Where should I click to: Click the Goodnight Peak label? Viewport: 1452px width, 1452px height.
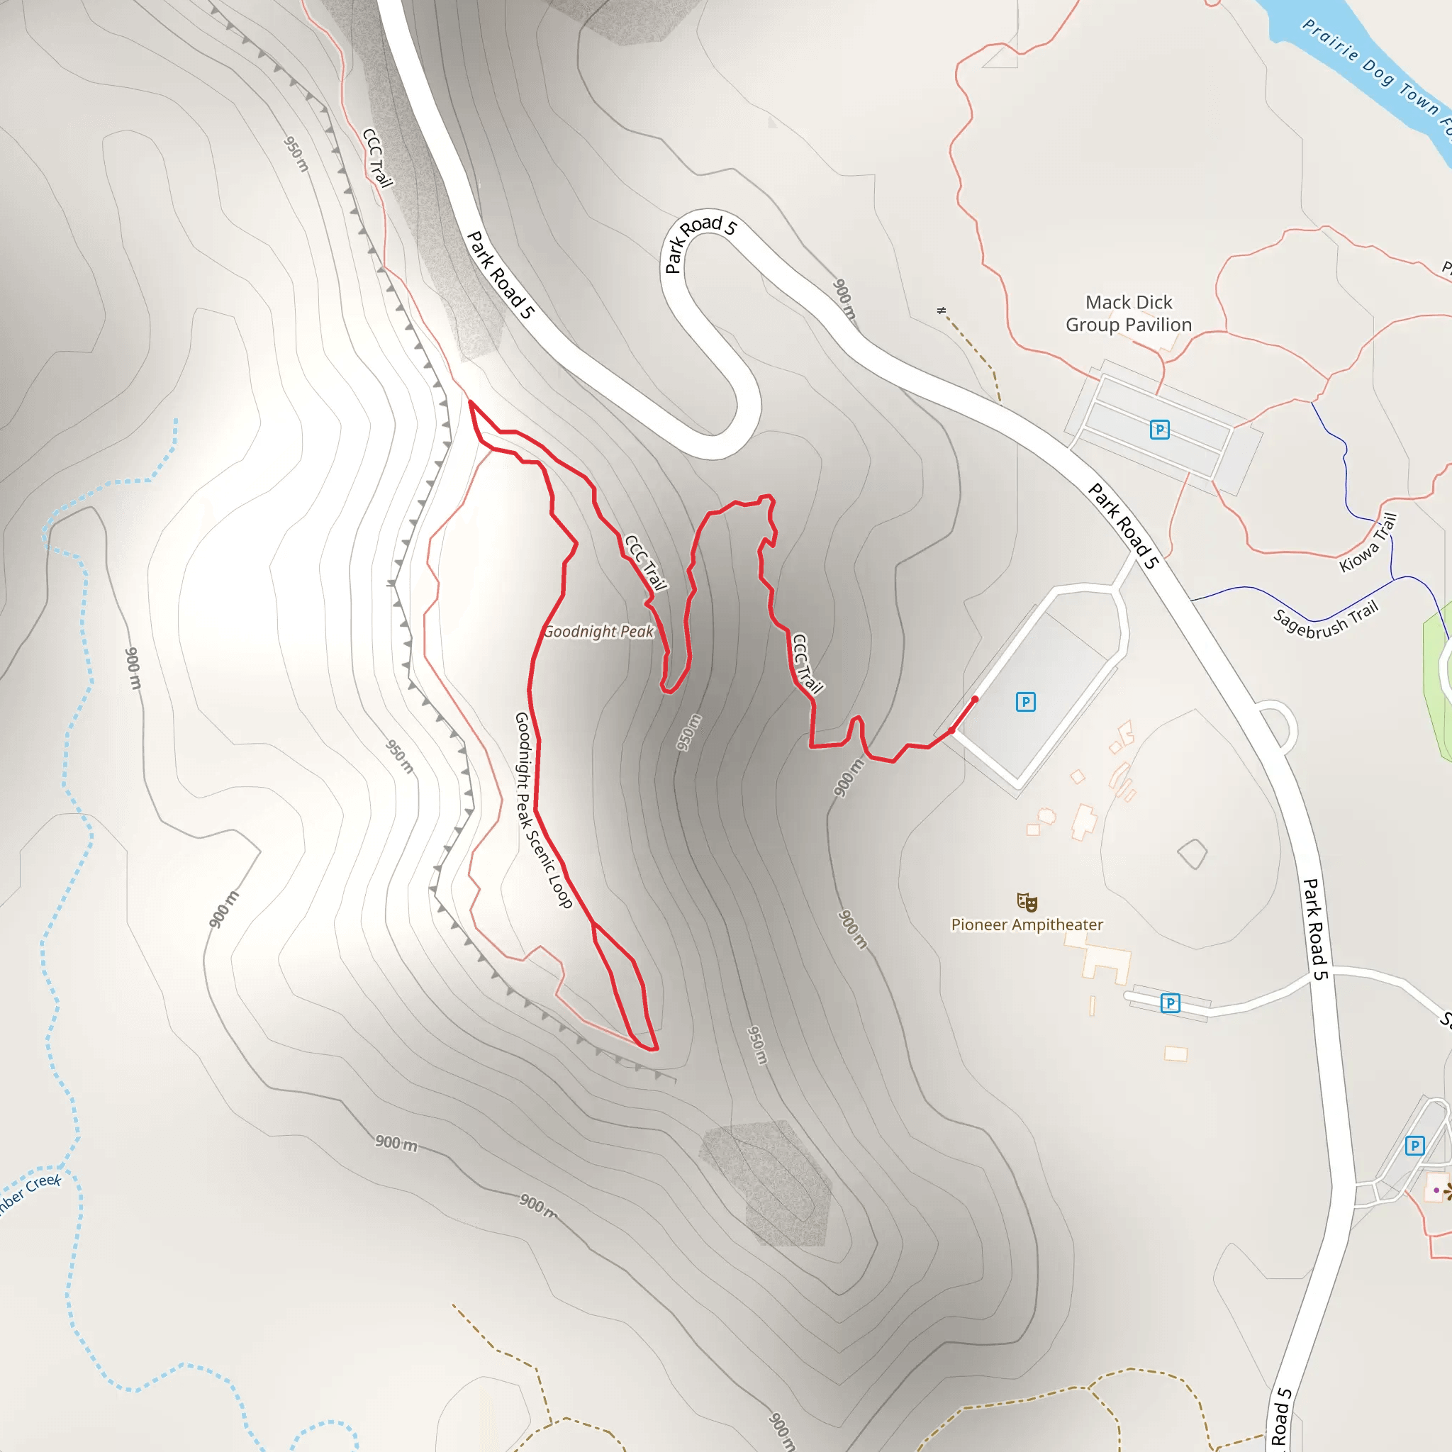598,631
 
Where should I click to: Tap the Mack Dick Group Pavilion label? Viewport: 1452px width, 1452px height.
1128,313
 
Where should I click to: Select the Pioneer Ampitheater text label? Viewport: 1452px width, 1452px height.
1027,925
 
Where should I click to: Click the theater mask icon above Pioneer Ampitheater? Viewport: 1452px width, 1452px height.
1027,902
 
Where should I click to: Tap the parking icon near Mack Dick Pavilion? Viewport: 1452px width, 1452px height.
1160,430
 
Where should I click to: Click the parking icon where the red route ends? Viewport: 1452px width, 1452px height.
1026,702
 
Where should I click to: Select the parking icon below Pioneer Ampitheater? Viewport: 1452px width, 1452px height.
1170,1003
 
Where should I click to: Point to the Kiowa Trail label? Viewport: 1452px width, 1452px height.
1368,542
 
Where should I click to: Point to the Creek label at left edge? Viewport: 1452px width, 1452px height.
30,1192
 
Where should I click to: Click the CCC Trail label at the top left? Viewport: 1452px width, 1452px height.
377,158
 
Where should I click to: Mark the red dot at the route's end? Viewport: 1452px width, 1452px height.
975,700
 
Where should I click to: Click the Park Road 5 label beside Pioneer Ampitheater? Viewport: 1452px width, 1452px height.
1315,929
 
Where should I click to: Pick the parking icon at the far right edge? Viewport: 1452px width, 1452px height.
1414,1146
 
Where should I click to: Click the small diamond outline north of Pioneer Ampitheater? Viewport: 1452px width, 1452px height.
1192,854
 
